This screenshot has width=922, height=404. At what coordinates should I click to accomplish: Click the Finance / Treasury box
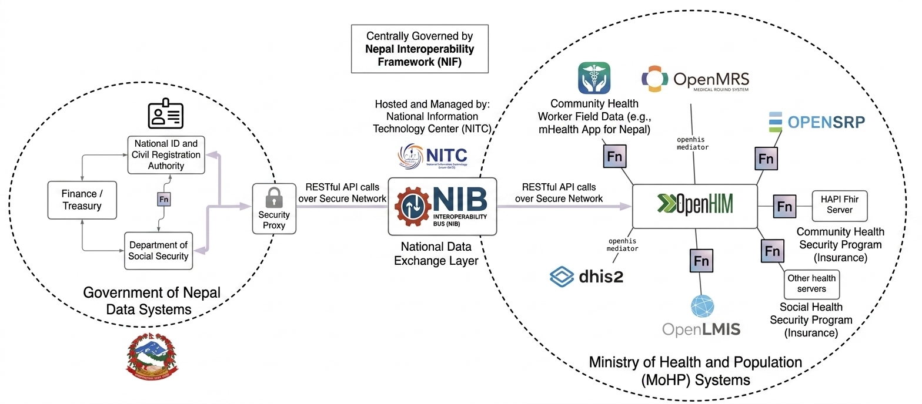coord(82,200)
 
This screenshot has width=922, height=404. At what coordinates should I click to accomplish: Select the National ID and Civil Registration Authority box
coord(166,154)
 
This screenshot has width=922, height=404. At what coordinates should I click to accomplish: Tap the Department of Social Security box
coord(158,251)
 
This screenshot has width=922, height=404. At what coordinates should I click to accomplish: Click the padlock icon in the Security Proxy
coord(274,200)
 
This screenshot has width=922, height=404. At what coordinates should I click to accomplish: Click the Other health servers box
coord(811,284)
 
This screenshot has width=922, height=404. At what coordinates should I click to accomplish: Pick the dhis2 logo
coord(586,276)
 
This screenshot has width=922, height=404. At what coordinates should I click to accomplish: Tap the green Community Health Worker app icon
coord(594,78)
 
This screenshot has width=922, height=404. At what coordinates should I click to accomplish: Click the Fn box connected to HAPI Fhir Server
coord(784,207)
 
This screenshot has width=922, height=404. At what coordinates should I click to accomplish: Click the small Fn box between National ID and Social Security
coord(164,200)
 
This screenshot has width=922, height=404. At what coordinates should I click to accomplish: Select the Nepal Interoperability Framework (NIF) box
coord(419,48)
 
